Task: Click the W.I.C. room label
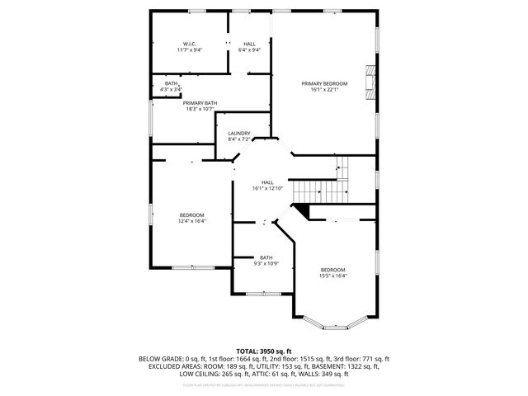(189, 44)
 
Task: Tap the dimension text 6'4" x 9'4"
(249, 50)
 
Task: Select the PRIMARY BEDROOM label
(324, 83)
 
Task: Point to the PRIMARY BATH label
(200, 102)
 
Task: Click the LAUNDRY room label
(238, 134)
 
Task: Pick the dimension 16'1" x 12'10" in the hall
(267, 189)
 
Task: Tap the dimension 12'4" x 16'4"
(192, 221)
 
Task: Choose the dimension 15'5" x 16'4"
(332, 276)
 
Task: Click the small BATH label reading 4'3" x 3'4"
(172, 89)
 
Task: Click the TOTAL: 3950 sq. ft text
(264, 351)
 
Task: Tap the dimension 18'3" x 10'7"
(200, 109)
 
